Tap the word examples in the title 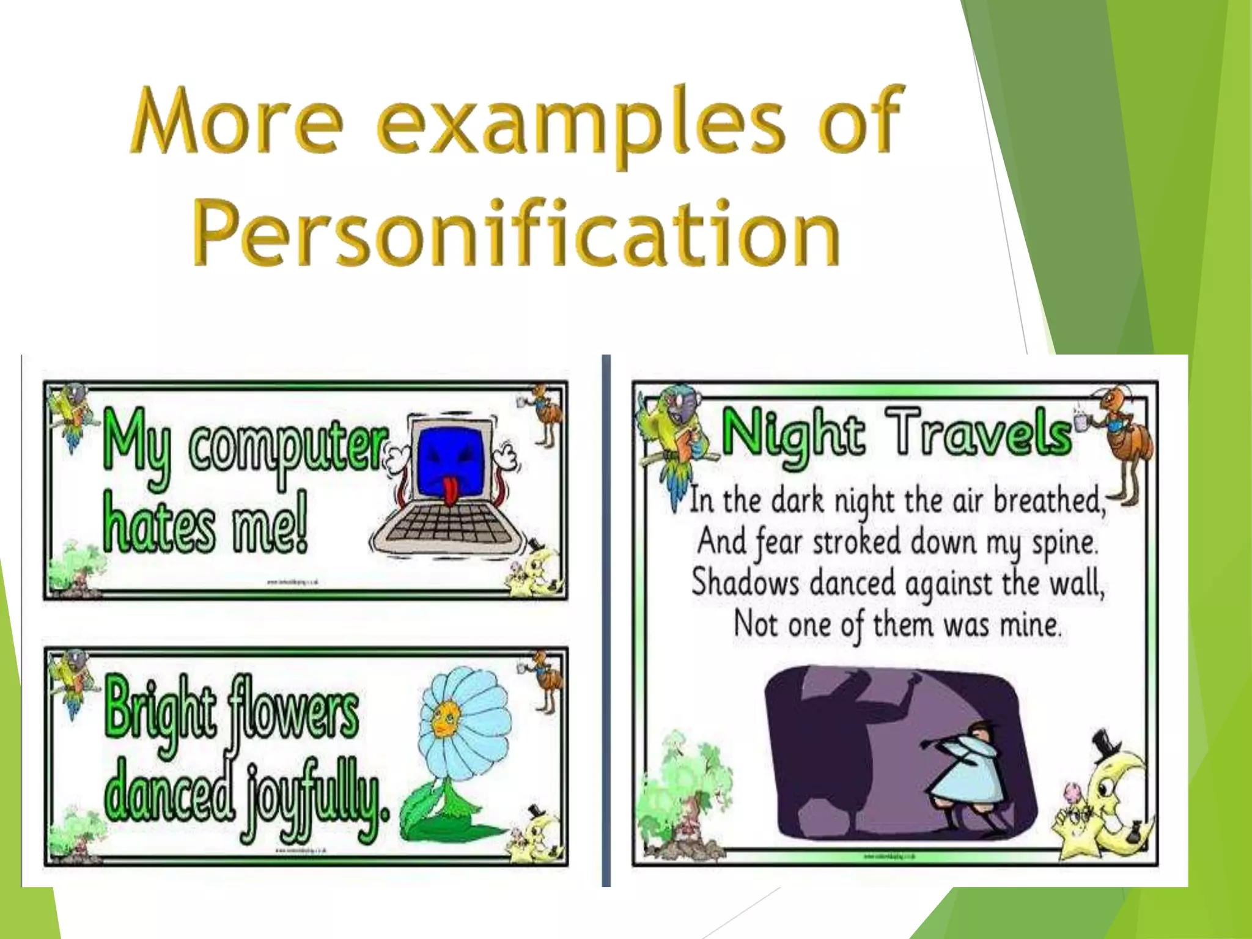(581, 122)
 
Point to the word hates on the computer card (159, 527)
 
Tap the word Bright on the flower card (160, 709)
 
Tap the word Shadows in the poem (745, 583)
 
